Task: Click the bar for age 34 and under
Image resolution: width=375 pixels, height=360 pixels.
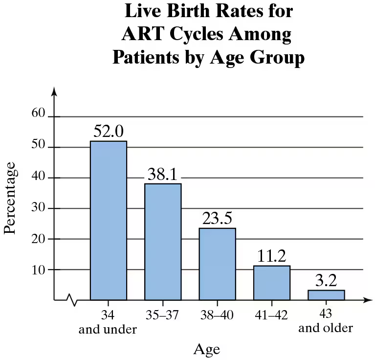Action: [109, 220]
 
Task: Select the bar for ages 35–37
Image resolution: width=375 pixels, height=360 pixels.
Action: [163, 242]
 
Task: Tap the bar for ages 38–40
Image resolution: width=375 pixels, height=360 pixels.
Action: [217, 264]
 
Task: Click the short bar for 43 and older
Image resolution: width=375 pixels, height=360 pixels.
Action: [326, 294]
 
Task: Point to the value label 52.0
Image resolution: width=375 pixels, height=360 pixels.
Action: [109, 132]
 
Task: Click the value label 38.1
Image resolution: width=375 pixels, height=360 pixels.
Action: [163, 174]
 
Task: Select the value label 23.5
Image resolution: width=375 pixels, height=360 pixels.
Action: [217, 219]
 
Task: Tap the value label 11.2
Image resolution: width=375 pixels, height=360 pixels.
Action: [271, 256]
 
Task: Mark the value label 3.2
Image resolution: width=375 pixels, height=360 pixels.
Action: [326, 281]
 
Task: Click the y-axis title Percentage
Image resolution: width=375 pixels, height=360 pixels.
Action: [11, 201]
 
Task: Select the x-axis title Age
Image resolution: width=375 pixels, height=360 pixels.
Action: [207, 349]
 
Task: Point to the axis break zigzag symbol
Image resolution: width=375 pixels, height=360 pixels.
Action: [72, 299]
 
